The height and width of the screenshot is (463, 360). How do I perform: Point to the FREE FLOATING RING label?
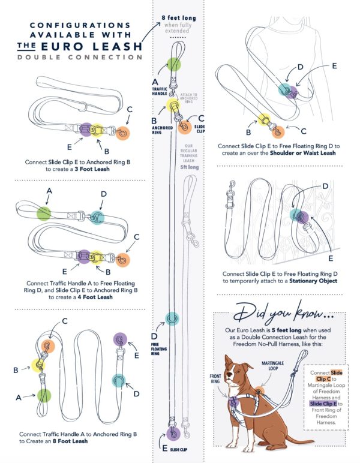[157, 345]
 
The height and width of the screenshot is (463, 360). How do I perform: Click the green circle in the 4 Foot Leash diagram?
[43, 213]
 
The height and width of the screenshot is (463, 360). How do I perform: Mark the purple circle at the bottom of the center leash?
[174, 434]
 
